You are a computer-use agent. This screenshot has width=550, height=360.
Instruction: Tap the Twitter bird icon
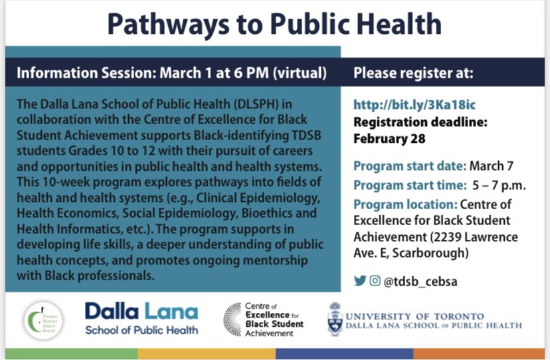[360, 281]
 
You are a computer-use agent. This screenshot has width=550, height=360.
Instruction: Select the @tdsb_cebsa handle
[420, 282]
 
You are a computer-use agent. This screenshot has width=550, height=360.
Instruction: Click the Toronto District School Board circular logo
[43, 320]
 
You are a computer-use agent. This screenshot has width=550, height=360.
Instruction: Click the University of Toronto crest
[335, 319]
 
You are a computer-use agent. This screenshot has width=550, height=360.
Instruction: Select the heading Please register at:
[413, 74]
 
